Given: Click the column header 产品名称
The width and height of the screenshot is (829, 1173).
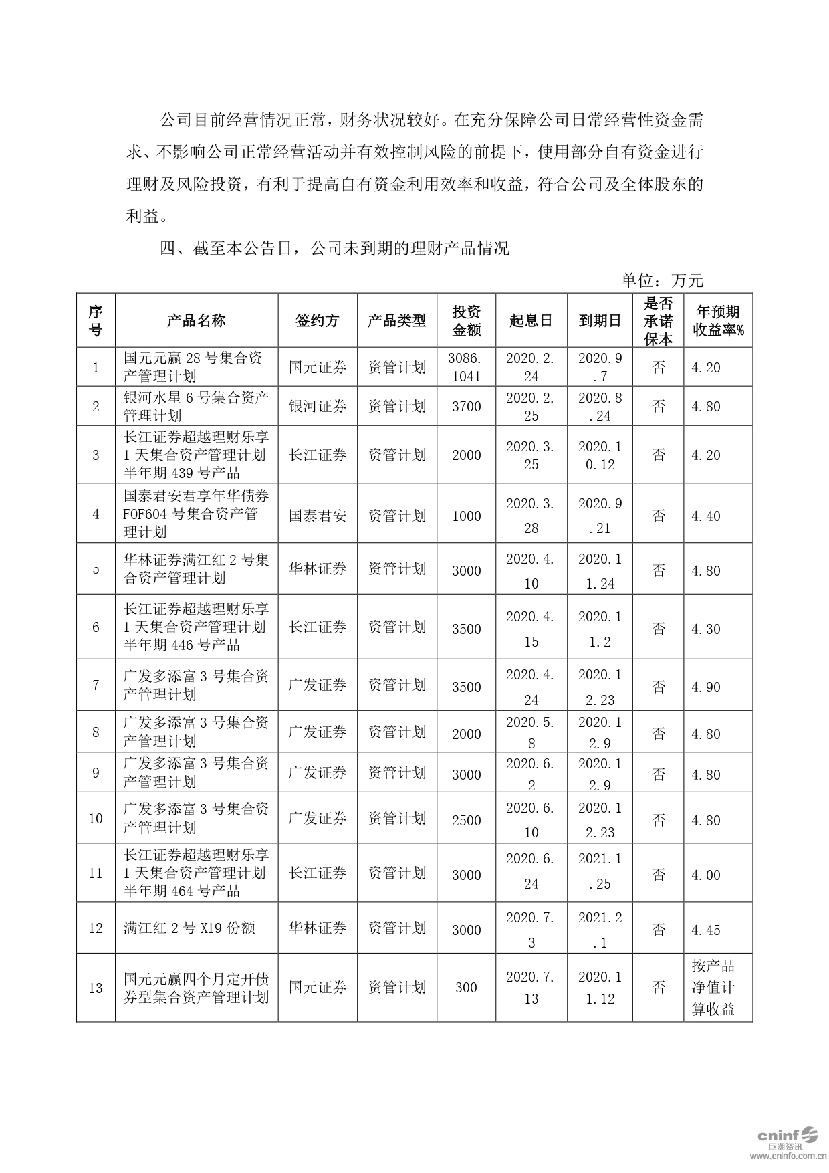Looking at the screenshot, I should click(197, 320).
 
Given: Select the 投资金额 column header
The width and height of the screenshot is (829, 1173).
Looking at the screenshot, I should click(466, 320).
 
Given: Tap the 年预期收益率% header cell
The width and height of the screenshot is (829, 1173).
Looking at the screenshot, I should click(718, 320).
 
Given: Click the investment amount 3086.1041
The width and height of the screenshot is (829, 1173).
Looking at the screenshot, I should click(466, 367).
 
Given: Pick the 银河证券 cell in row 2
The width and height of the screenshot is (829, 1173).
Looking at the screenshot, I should click(318, 406).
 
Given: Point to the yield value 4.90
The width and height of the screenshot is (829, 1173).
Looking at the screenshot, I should click(706, 687).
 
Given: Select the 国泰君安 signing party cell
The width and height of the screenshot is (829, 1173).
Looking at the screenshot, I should click(318, 516).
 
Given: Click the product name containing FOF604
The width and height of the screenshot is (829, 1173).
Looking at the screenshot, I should click(197, 514).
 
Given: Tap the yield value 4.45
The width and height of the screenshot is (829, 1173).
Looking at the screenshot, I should click(706, 930).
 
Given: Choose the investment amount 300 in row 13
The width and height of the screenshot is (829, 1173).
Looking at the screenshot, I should click(466, 988).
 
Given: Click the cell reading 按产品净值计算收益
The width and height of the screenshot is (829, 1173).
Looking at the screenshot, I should click(713, 988).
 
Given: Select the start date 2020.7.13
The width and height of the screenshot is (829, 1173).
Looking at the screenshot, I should click(531, 988).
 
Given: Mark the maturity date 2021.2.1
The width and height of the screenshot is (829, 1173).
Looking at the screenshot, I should click(600, 930).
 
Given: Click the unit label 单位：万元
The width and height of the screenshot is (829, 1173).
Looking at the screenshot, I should click(662, 280).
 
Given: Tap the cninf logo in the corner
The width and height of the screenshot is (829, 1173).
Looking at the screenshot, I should click(787, 1136).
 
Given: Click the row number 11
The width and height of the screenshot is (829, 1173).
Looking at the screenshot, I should click(96, 873).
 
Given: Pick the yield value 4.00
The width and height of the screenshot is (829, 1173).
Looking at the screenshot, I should click(706, 875).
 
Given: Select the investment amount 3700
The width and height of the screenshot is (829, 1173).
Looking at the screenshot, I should click(466, 406).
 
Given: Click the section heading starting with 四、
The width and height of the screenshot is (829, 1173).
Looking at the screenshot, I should click(334, 249).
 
